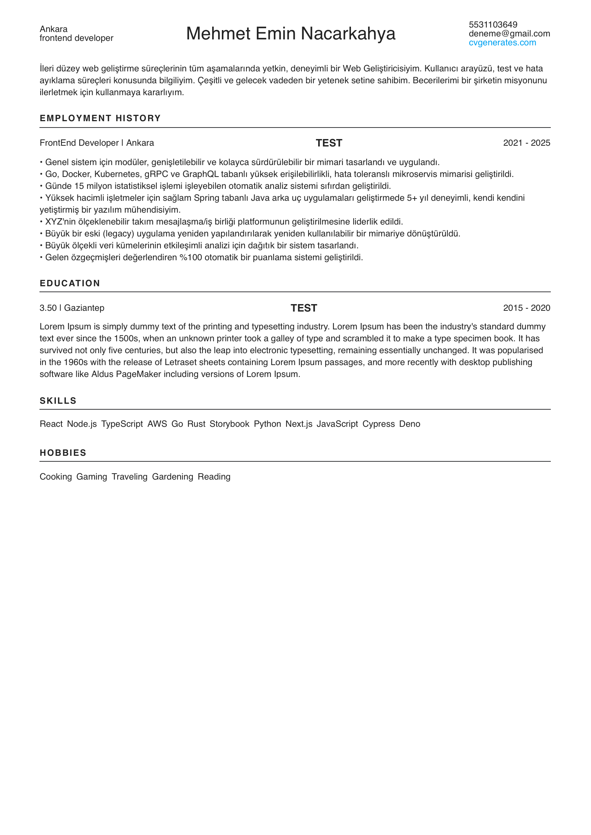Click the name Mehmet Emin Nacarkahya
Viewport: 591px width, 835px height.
pyautogui.click(x=290, y=33)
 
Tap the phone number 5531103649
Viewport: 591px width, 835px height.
pyautogui.click(x=493, y=25)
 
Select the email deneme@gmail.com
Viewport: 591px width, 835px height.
pyautogui.click(x=509, y=33)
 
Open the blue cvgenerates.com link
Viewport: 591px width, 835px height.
pyautogui.click(x=502, y=42)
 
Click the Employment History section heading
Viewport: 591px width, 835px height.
pyautogui.click(x=100, y=118)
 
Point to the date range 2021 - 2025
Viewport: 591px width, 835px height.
pyautogui.click(x=526, y=143)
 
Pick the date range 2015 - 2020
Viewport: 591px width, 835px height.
pyautogui.click(x=526, y=308)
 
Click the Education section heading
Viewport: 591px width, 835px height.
pyautogui.click(x=70, y=283)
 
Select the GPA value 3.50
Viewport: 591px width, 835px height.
pyautogui.click(x=48, y=308)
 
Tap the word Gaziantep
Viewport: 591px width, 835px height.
pyautogui.click(x=84, y=308)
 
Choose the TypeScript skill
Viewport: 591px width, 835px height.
pyautogui.click(x=122, y=424)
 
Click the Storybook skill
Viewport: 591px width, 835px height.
pyautogui.click(x=229, y=424)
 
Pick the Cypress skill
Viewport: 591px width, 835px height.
pyautogui.click(x=378, y=424)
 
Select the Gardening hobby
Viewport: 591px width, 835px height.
pyautogui.click(x=173, y=477)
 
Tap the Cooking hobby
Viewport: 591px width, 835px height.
pyautogui.click(x=56, y=477)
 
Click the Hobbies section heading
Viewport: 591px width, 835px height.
pyautogui.click(x=63, y=453)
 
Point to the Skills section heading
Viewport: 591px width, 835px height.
pyautogui.click(x=58, y=401)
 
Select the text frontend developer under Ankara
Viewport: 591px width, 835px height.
pyautogui.click(x=76, y=38)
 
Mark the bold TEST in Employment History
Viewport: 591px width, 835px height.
pyautogui.click(x=329, y=143)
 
